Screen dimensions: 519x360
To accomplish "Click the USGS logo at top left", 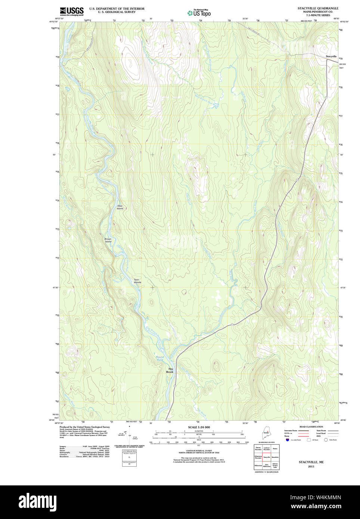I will click(x=72, y=11).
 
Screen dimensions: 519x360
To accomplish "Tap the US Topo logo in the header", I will click(x=199, y=13).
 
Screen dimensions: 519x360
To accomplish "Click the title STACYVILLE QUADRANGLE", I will click(x=318, y=8).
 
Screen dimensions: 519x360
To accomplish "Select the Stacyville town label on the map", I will click(x=331, y=56).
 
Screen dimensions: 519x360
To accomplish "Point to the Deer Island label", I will click(x=120, y=207).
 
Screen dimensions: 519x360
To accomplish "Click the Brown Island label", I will click(x=108, y=240).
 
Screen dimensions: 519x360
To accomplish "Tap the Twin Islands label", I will click(x=137, y=281).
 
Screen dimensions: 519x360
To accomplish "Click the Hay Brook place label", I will click(x=170, y=370).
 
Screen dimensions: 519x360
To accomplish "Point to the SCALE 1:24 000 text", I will click(x=199, y=427).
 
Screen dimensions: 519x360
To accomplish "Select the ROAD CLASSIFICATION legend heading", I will click(x=311, y=427).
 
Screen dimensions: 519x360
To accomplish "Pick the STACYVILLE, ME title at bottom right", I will click(x=311, y=462).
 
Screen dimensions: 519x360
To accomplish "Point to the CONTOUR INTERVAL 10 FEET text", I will click(x=199, y=451).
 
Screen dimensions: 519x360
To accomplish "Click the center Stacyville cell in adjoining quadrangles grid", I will click(x=267, y=457).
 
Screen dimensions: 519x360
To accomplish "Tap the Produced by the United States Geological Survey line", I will click(x=84, y=427).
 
